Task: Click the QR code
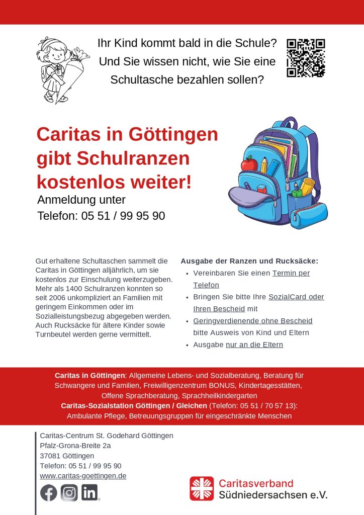(x=306, y=58)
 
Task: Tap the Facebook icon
(x=49, y=493)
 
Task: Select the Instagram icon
(x=69, y=493)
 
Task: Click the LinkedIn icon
(x=90, y=493)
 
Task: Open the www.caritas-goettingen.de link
(x=83, y=476)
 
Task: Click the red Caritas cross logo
(x=202, y=489)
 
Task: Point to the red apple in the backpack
(x=249, y=163)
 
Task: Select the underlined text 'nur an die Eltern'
(x=254, y=345)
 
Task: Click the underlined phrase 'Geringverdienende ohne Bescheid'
(x=253, y=321)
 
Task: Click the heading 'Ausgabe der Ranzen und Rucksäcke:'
(x=249, y=261)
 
